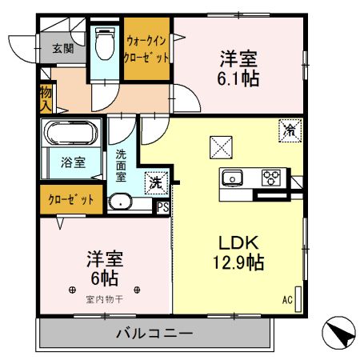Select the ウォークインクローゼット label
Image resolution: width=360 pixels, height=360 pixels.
point(146,49)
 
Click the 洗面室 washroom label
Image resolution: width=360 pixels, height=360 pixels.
point(122,165)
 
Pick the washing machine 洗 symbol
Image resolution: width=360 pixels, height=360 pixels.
point(155,182)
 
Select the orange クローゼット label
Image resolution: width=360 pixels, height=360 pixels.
point(70,199)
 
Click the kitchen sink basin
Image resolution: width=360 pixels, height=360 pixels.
point(233,178)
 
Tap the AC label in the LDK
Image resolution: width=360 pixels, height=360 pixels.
point(286,301)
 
